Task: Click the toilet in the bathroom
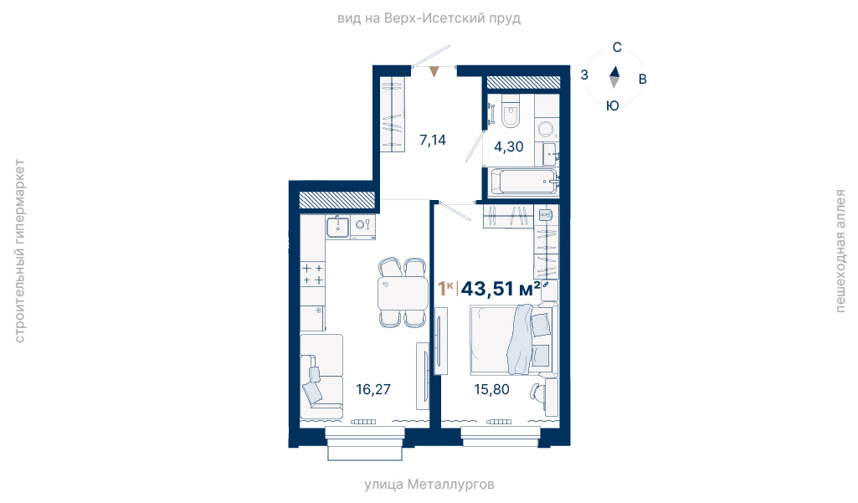[511, 110]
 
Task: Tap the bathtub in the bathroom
[524, 181]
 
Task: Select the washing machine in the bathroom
[546, 129]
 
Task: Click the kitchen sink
[337, 227]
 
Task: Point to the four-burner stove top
[312, 274]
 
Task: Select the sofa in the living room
[321, 377]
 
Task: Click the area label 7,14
[433, 141]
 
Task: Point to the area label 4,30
[509, 146]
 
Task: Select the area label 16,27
[373, 389]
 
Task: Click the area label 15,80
[491, 389]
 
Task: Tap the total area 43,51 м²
[500, 288]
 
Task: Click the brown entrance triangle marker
[434, 72]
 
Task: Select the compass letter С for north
[617, 48]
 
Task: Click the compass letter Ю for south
[613, 105]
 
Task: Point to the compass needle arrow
[614, 77]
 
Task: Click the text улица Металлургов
[429, 485]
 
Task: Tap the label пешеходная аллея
[840, 251]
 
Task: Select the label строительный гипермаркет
[19, 251]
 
